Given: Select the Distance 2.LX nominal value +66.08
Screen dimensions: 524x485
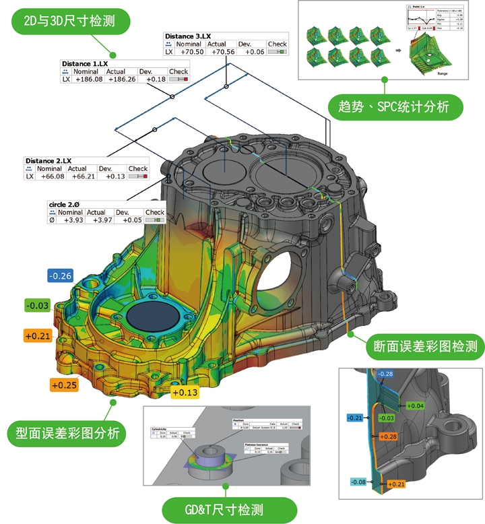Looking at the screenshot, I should (x=51, y=176).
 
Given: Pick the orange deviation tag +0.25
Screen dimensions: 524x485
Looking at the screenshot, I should (x=65, y=385).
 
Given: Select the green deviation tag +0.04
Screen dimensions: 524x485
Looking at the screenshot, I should (x=415, y=406).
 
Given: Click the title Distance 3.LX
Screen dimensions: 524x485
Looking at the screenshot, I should (x=189, y=36).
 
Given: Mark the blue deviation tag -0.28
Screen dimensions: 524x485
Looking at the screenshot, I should (x=386, y=374).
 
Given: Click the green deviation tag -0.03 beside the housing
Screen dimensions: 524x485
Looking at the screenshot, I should (x=37, y=306).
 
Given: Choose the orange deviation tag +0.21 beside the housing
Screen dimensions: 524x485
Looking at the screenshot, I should (x=38, y=335).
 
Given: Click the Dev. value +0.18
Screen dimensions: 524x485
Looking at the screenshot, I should (x=152, y=79).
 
